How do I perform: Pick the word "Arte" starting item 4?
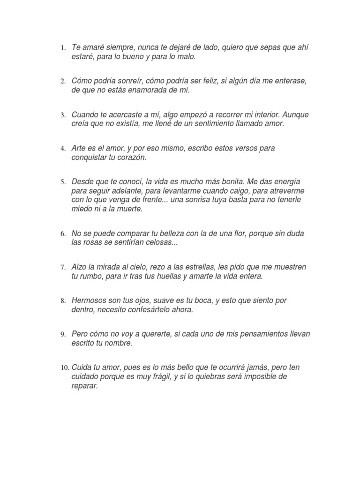79,148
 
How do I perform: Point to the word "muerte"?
130,209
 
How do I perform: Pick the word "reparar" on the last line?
85,387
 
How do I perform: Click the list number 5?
63,182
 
